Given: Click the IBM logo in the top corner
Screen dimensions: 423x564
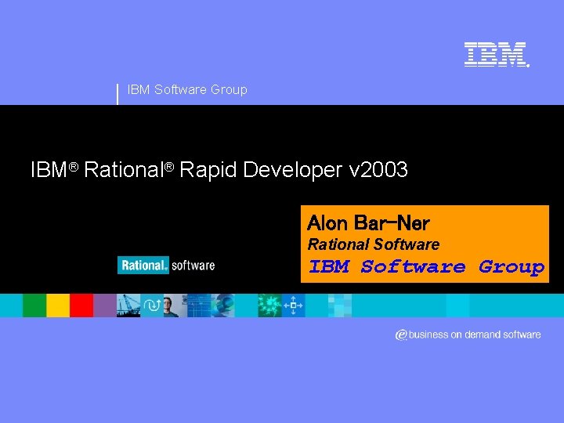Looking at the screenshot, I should pyautogui.click(x=495, y=54).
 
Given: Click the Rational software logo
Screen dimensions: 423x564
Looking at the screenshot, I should pyautogui.click(x=166, y=265).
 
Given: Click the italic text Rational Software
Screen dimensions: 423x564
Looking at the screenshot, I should pyautogui.click(x=373, y=244).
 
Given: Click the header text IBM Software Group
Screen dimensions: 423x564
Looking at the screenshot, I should pyautogui.click(x=186, y=89).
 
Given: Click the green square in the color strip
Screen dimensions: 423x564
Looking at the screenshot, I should pyautogui.click(x=34, y=305).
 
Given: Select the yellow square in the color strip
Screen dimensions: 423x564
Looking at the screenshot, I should pyautogui.click(x=58, y=305).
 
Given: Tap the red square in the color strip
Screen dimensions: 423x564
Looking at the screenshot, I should pyautogui.click(x=81, y=305).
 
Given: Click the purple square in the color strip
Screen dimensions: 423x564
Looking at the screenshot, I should pyautogui.click(x=104, y=305).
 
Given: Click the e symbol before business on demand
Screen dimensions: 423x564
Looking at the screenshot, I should pyautogui.click(x=400, y=335).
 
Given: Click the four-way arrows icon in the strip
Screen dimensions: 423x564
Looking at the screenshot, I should pyautogui.click(x=294, y=305).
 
